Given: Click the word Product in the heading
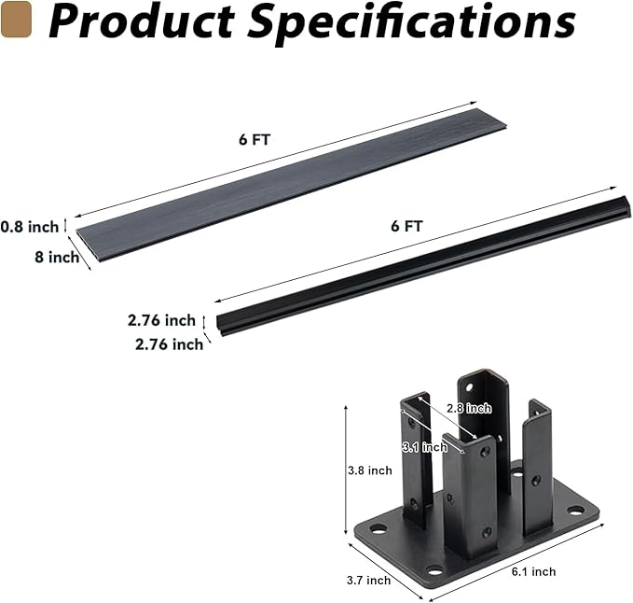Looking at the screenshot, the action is pyautogui.click(x=142, y=21).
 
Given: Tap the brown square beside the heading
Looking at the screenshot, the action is pyautogui.click(x=16, y=19).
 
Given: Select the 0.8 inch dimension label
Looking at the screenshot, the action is pyautogui.click(x=30, y=227).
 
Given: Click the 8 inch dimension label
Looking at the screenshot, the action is pyautogui.click(x=57, y=257).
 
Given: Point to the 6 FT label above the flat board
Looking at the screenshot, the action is pyautogui.click(x=255, y=139).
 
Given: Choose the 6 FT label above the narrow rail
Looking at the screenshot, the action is pyautogui.click(x=406, y=226).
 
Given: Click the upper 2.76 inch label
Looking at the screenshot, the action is pyautogui.click(x=162, y=320).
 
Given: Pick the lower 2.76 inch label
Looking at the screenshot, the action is pyautogui.click(x=169, y=344).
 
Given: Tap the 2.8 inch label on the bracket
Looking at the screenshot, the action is pyautogui.click(x=469, y=408).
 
